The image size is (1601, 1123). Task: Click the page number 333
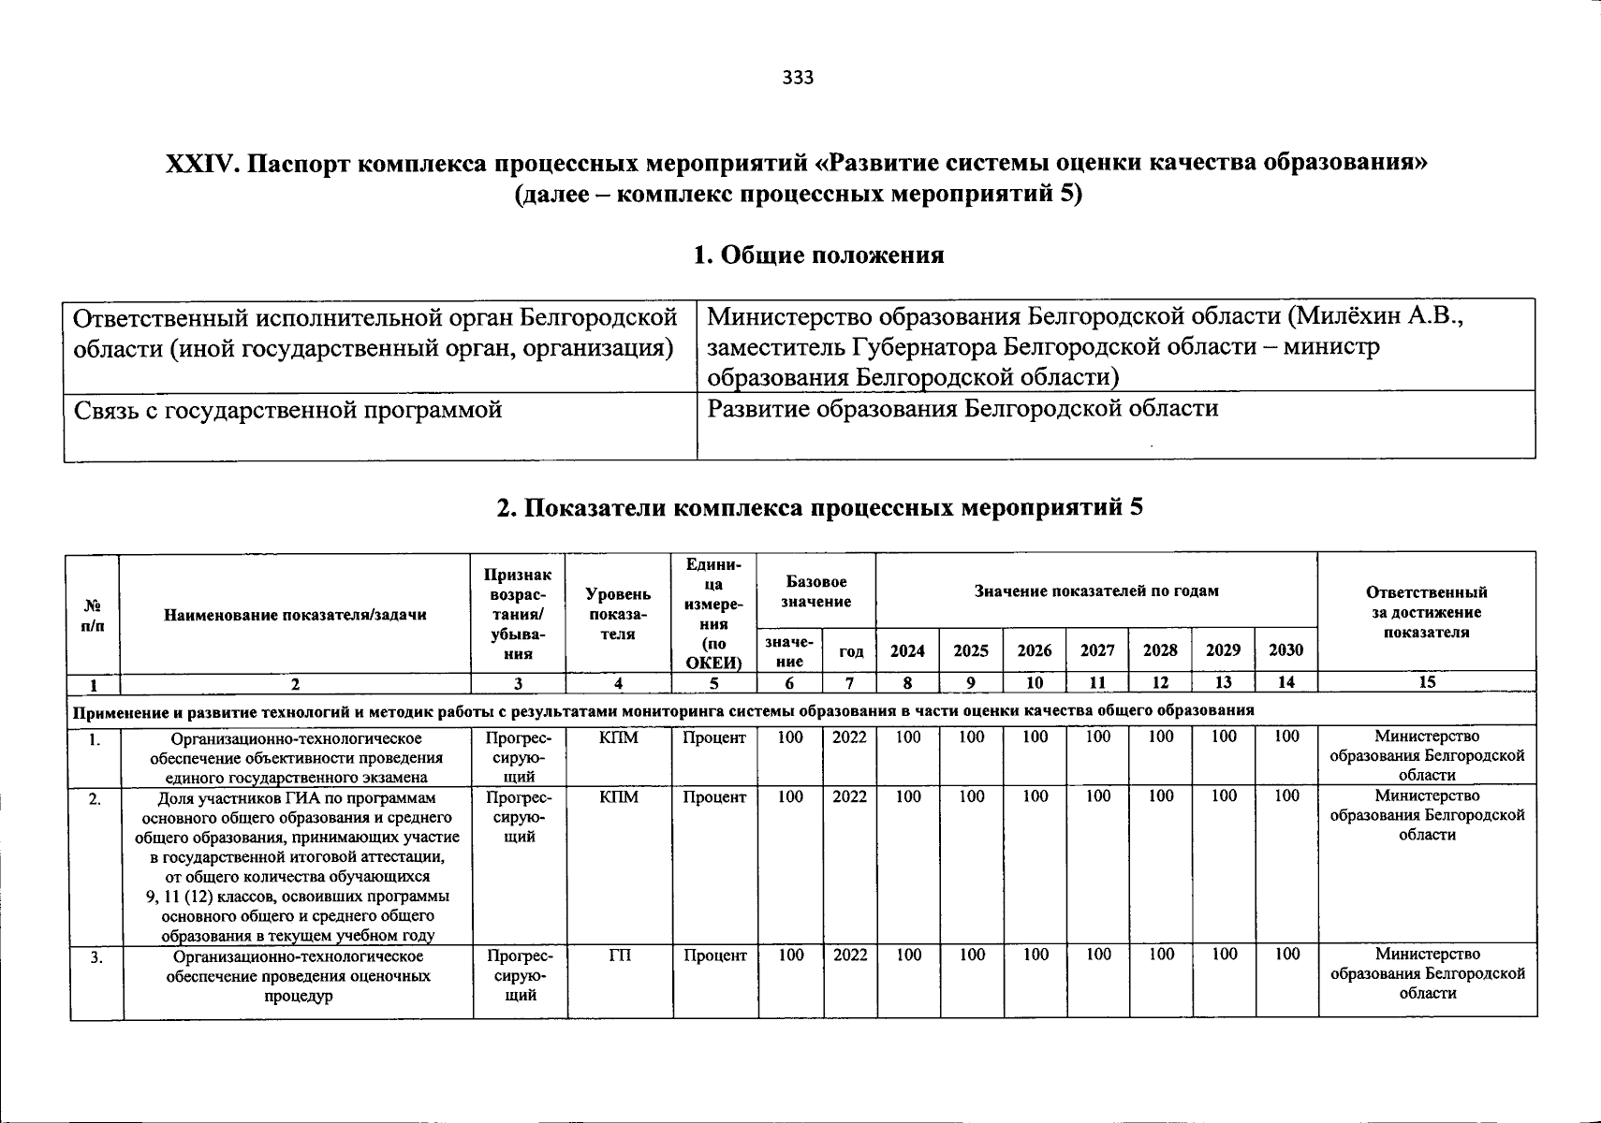click(x=799, y=78)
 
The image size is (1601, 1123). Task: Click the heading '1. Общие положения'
click(x=818, y=255)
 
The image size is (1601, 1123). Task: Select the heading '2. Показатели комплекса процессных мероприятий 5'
click(x=819, y=508)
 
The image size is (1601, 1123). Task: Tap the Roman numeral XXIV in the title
click(x=199, y=164)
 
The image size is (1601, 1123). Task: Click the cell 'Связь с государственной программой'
click(x=287, y=410)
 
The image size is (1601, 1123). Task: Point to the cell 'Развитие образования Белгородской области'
click(x=962, y=409)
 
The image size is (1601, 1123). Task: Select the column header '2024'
click(x=907, y=650)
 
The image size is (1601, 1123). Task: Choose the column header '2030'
click(x=1285, y=650)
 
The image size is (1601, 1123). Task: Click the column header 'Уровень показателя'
click(x=618, y=614)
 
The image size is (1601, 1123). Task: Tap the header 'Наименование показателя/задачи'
click(x=295, y=615)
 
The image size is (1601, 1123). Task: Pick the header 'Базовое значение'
click(x=816, y=591)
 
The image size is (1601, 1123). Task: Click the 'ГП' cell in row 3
click(x=620, y=955)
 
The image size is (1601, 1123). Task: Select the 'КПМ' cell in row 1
click(x=618, y=738)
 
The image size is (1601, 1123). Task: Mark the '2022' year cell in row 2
click(x=849, y=796)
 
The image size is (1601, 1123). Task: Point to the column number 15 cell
click(x=1426, y=682)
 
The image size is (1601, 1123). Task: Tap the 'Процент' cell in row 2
click(x=713, y=797)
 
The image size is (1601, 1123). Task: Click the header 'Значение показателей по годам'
click(x=1096, y=591)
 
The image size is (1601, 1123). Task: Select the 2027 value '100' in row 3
click(x=1097, y=955)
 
